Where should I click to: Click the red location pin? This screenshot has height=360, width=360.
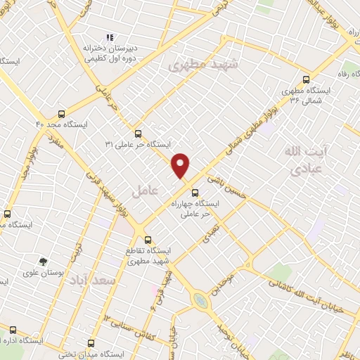181,165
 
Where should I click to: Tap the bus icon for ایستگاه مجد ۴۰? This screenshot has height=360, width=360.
63,113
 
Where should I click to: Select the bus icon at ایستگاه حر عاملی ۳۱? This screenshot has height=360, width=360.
138,133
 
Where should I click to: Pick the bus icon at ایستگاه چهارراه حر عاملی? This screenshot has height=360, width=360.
195,192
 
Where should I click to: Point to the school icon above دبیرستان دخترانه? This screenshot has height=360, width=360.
109,37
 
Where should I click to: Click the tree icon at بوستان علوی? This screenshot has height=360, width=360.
44,262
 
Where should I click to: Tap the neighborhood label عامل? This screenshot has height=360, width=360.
143,189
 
